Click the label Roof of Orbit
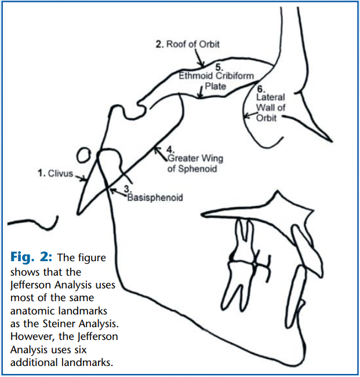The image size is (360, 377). (188, 44)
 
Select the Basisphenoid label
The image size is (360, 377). (154, 197)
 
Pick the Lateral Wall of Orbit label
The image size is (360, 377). (270, 108)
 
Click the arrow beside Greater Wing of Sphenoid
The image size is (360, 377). (159, 151)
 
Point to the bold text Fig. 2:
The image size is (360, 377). (30, 258)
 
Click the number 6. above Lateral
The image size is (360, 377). (260, 90)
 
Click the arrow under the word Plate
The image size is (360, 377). (201, 93)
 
